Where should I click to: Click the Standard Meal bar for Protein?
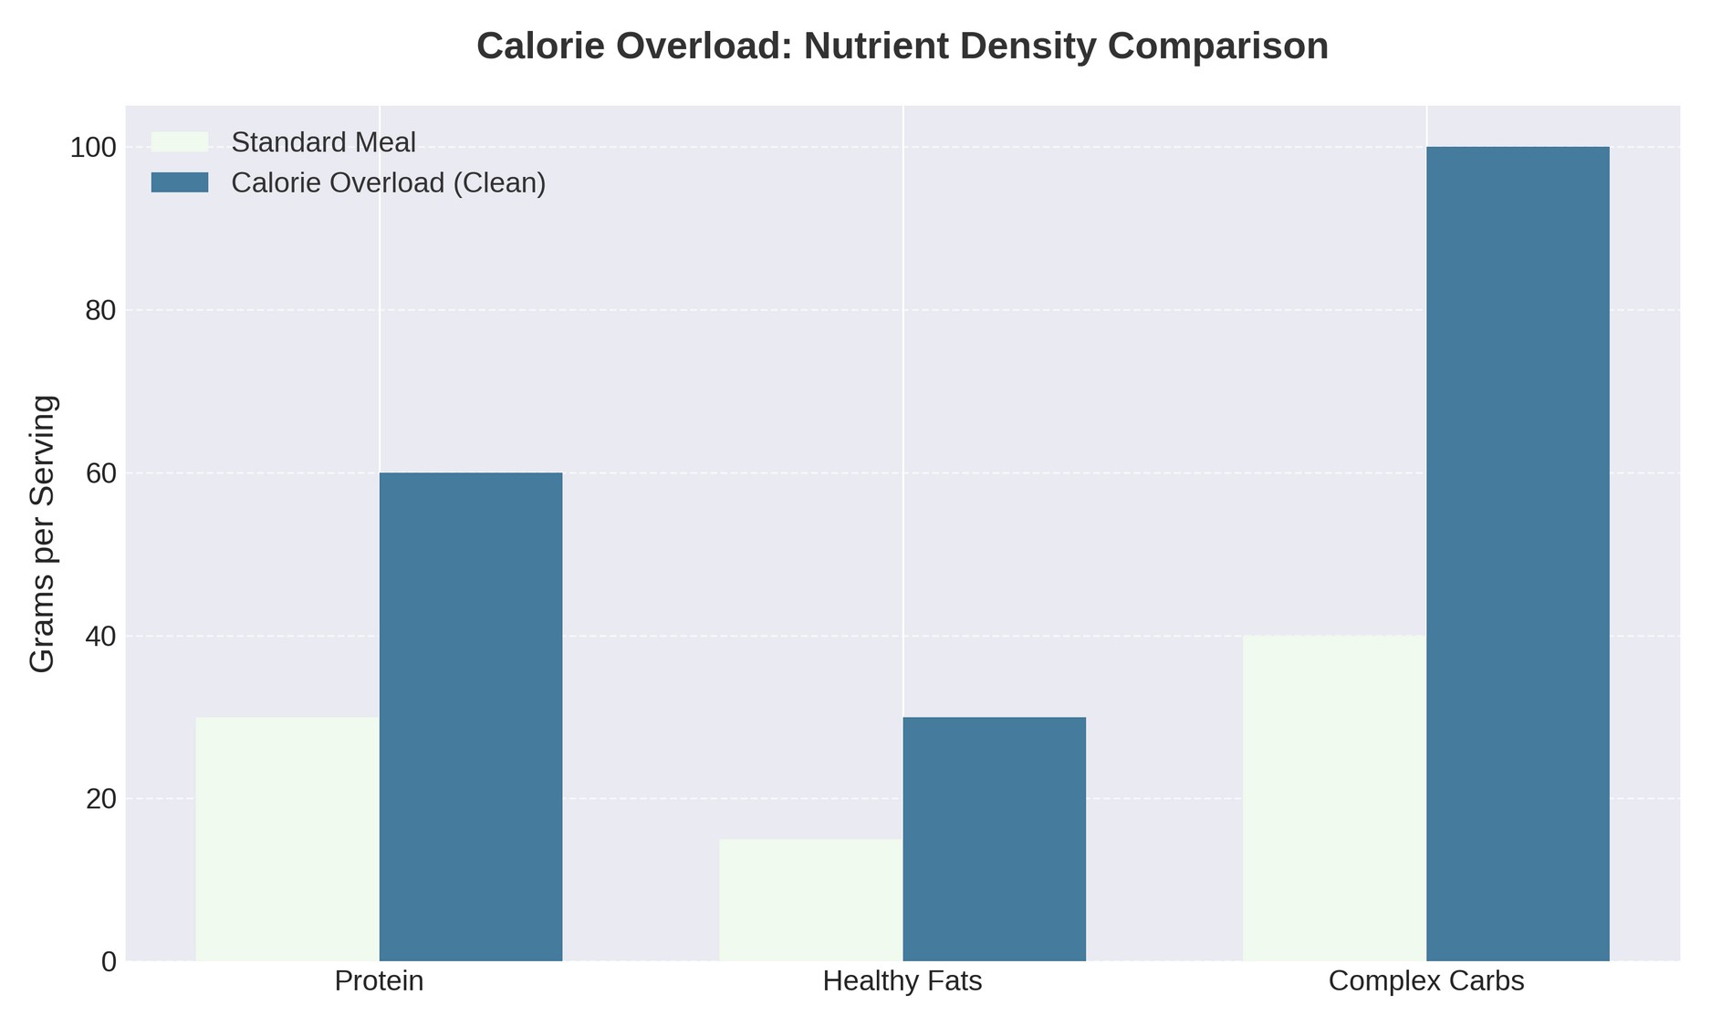tap(287, 839)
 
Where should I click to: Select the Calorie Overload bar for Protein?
tap(471, 717)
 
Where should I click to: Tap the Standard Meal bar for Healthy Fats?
tap(811, 900)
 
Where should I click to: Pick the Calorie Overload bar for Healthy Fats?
tap(995, 839)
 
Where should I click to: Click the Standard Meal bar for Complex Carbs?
tap(1335, 798)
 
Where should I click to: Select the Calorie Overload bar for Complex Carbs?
tap(1518, 554)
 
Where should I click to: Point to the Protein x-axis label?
tap(380, 982)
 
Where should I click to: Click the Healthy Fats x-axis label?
tap(903, 982)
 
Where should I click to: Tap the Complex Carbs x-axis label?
tap(1427, 982)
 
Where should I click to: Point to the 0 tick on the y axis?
tap(110, 962)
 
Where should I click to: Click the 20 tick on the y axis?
tap(101, 799)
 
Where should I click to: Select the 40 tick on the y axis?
tap(101, 637)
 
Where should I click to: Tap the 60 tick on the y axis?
tap(101, 473)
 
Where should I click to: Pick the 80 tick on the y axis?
tap(101, 311)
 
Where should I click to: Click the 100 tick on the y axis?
tap(93, 148)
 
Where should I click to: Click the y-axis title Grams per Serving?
tap(43, 534)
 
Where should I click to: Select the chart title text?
tap(902, 47)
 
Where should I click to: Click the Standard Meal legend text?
tap(324, 142)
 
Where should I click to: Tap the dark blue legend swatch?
tap(180, 182)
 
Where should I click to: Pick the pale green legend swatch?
tap(180, 142)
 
